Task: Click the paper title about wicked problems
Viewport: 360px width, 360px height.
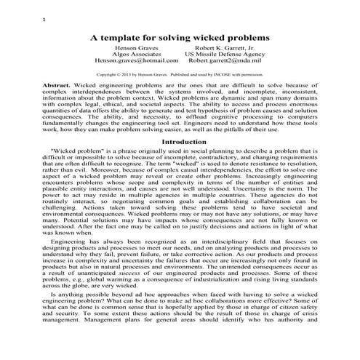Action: click(x=179, y=36)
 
